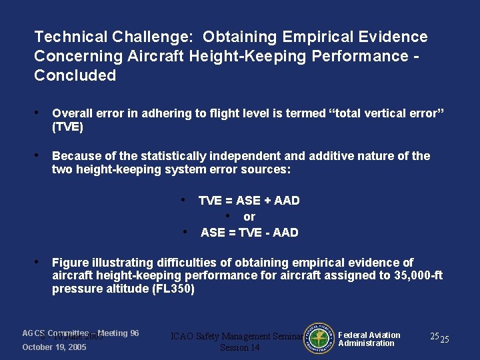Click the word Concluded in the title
(75, 75)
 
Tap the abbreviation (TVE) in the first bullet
(67, 127)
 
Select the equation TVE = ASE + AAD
(249, 201)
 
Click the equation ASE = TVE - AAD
(249, 233)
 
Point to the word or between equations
(249, 217)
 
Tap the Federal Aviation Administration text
(369, 339)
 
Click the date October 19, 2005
(54, 347)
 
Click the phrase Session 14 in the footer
(239, 348)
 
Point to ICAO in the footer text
(185, 337)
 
